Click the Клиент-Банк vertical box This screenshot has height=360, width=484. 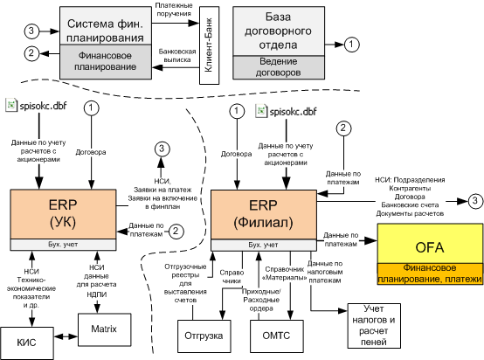210,45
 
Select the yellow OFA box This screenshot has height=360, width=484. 430,244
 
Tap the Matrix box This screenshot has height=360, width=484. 104,329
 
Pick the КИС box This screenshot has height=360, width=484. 26,343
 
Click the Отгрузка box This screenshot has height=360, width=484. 204,336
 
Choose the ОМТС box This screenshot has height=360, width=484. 277,336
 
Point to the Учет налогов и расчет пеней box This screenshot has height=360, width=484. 374,326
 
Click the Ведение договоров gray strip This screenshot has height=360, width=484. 279,67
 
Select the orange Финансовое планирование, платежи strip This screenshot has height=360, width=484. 430,273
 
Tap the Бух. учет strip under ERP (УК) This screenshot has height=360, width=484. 63,245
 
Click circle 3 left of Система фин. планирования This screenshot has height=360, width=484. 31,31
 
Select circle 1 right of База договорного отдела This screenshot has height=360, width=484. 351,45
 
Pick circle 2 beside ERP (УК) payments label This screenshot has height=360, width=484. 176,232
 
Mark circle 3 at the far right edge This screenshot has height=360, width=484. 475,201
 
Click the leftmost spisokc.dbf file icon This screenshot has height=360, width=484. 10,105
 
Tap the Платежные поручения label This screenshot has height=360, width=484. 174,10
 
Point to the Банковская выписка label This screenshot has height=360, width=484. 177,56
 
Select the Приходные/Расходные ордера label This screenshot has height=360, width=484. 261,300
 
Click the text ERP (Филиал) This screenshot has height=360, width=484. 263,214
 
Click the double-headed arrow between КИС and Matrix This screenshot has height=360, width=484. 66,336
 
